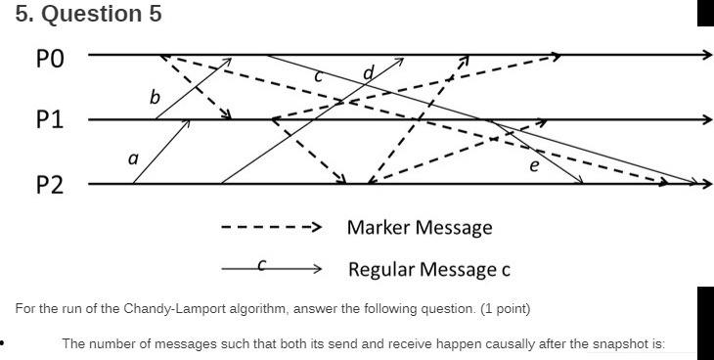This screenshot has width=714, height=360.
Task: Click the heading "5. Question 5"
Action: pyautogui.click(x=89, y=15)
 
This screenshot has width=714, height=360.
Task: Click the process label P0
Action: pyautogui.click(x=49, y=57)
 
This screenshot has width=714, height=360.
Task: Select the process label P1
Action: pyautogui.click(x=49, y=121)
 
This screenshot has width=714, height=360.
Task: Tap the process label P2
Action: pyautogui.click(x=49, y=185)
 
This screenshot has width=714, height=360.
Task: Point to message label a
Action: pyautogui.click(x=133, y=157)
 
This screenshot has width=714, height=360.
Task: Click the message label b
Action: pyautogui.click(x=154, y=97)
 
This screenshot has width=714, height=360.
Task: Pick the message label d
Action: pyautogui.click(x=369, y=72)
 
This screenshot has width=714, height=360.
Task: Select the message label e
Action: pyautogui.click(x=533, y=166)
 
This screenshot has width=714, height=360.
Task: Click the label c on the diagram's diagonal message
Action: pyautogui.click(x=318, y=75)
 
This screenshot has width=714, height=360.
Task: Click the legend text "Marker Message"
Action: pyautogui.click(x=420, y=228)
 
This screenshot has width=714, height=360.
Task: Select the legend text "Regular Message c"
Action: pyautogui.click(x=429, y=269)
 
